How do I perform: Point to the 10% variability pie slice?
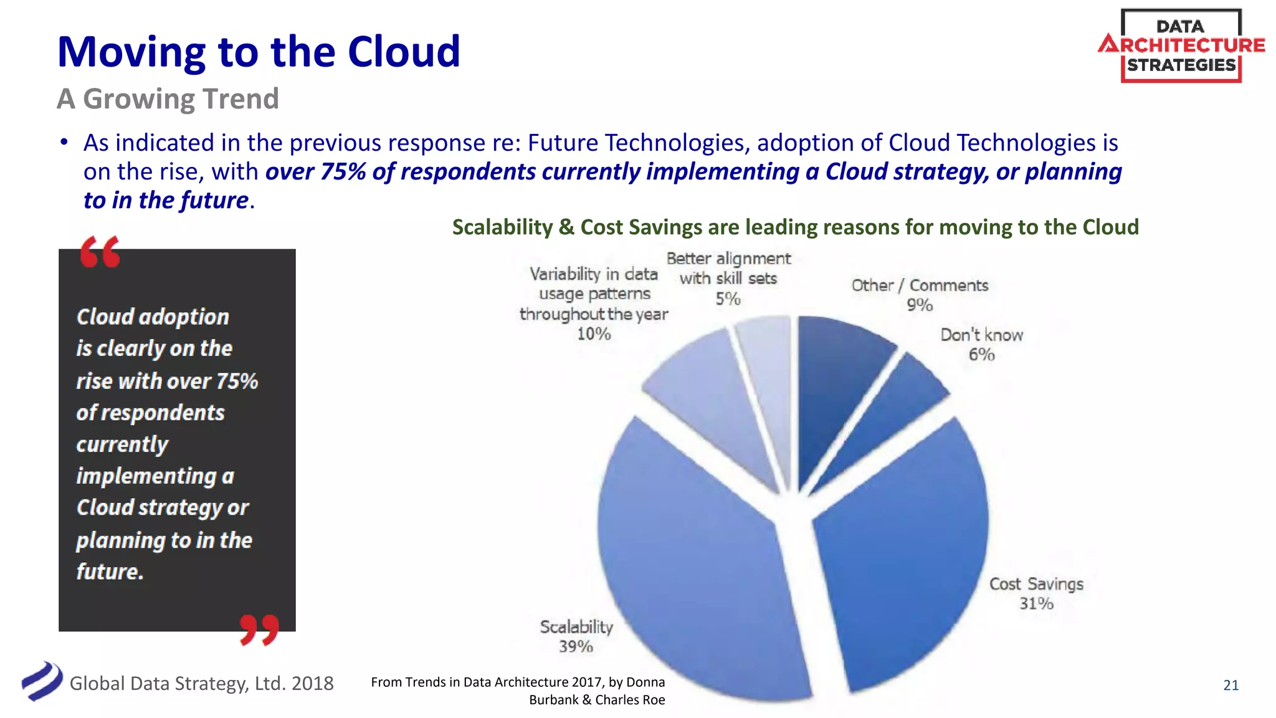710,399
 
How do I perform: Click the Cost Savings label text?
1036,584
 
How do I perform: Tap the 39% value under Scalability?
576,646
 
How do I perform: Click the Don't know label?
981,335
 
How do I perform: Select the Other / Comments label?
920,285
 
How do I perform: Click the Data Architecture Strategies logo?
1181,45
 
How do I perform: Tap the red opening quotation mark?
100,252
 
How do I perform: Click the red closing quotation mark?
259,629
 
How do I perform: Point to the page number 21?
1231,685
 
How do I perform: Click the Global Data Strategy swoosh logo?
42,681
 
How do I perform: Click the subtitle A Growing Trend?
168,98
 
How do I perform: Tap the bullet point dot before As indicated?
64,143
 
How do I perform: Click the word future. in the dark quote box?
110,571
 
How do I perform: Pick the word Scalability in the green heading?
502,227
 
